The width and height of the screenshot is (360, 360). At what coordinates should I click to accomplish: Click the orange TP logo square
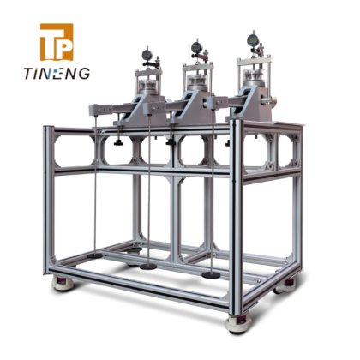tap(57, 42)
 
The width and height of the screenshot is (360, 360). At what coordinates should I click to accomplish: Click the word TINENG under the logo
tap(57, 74)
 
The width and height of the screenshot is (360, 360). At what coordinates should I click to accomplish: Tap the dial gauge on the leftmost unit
tap(147, 55)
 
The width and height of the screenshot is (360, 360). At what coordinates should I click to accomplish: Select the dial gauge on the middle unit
tap(196, 46)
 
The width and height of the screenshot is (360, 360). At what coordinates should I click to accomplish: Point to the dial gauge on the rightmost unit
tap(253, 39)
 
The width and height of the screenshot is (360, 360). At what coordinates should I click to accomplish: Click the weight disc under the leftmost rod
tap(95, 255)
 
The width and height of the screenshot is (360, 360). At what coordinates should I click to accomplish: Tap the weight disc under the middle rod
tap(148, 267)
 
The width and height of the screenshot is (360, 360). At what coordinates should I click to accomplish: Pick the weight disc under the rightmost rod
tap(211, 275)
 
